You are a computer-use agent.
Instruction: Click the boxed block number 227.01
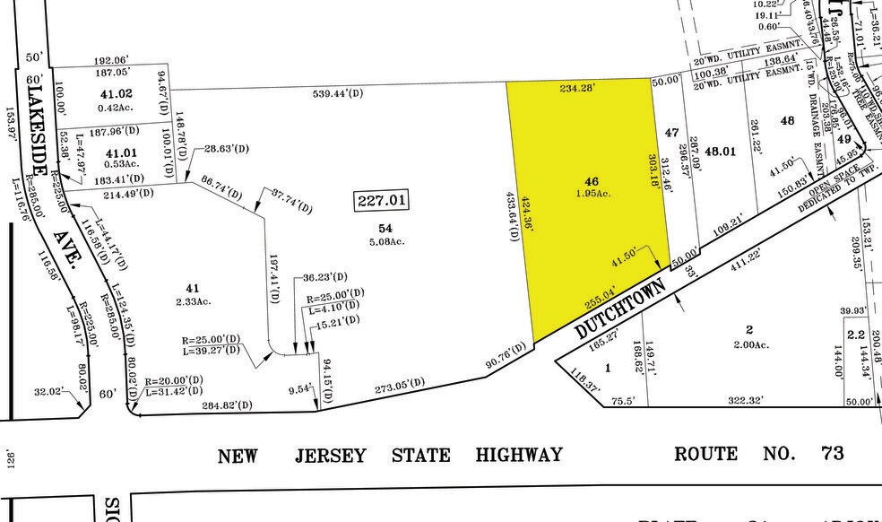[381, 201]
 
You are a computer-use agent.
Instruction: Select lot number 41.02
[117, 93]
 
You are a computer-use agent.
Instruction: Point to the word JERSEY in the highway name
[331, 456]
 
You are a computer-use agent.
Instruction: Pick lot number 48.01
[719, 151]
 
